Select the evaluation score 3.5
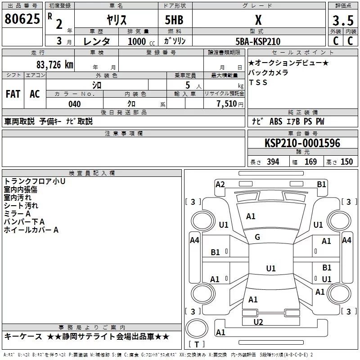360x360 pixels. [342, 20]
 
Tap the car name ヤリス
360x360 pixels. [116, 20]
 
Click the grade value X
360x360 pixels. [258, 20]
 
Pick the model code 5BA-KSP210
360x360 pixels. [258, 41]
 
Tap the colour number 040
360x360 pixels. [74, 104]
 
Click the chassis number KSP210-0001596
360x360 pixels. [302, 143]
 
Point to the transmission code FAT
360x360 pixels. [13, 94]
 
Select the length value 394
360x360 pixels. [273, 162]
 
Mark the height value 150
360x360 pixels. [346, 162]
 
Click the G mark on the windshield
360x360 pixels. [257, 237]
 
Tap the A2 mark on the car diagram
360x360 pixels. [220, 184]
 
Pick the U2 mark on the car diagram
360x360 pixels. [258, 322]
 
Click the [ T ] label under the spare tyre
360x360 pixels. [197, 345]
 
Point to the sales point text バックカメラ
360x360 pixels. [268, 72]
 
